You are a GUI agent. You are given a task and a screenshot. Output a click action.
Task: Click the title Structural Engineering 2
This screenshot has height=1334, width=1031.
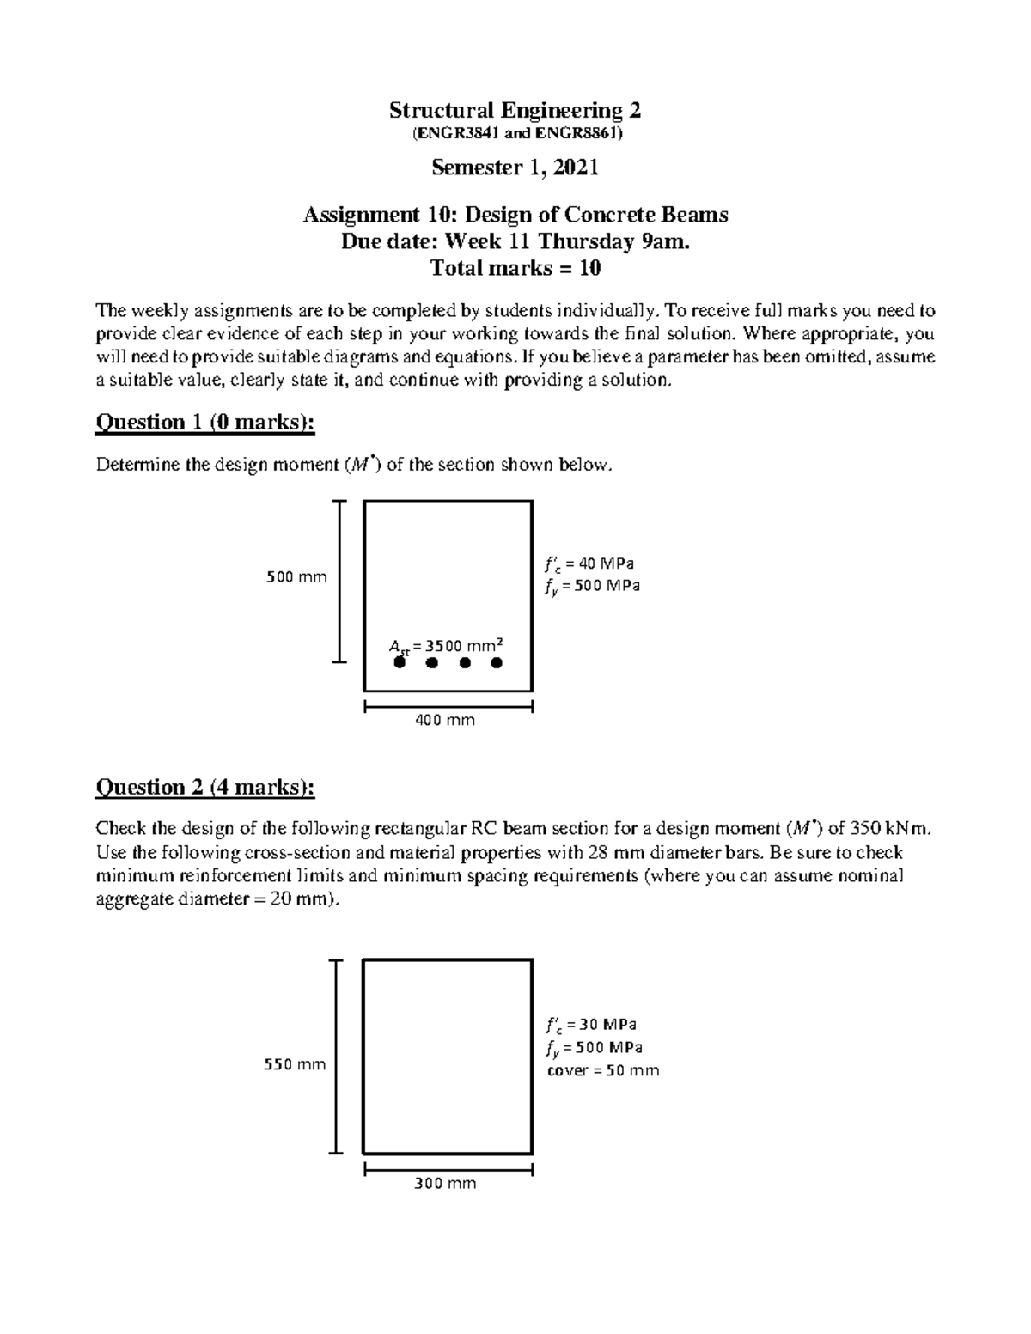pyautogui.click(x=515, y=110)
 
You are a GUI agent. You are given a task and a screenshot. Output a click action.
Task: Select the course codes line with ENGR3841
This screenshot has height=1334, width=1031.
pyautogui.click(x=515, y=134)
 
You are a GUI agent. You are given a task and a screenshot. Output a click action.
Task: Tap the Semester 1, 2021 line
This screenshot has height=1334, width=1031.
pyautogui.click(x=515, y=168)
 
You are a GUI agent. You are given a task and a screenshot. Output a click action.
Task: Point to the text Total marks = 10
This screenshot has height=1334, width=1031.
pyautogui.click(x=515, y=268)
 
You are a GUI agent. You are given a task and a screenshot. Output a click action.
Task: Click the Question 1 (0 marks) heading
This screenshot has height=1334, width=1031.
pyautogui.click(x=204, y=422)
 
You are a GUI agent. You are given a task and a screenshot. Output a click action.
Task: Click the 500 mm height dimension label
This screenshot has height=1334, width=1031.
pyautogui.click(x=296, y=577)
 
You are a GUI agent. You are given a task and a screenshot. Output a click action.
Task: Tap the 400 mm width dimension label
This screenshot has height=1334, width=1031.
pyautogui.click(x=445, y=721)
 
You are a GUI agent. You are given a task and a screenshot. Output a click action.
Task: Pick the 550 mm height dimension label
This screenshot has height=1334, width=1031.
pyautogui.click(x=295, y=1065)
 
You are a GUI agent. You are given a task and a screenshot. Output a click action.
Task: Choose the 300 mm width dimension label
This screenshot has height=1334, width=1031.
pyautogui.click(x=445, y=1184)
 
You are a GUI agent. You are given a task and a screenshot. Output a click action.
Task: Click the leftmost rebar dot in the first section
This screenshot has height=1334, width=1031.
pyautogui.click(x=399, y=662)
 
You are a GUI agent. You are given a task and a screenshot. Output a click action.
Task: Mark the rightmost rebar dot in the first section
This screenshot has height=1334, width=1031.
pyautogui.click(x=497, y=662)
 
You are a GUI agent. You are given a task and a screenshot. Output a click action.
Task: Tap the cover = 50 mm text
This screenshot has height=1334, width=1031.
pyautogui.click(x=603, y=1070)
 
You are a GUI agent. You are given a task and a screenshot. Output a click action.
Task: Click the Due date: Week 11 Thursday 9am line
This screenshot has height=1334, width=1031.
pyautogui.click(x=515, y=242)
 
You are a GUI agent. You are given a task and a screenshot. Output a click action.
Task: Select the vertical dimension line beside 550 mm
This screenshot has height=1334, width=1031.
pyautogui.click(x=339, y=1057)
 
